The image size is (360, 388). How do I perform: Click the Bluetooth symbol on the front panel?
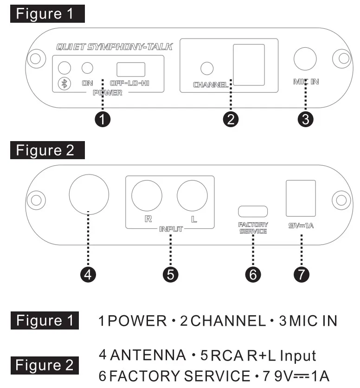[x=65, y=84]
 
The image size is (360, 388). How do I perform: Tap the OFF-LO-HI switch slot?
[x=130, y=69]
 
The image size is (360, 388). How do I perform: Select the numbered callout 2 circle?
[x=231, y=119]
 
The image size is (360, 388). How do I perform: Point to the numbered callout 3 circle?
[x=305, y=119]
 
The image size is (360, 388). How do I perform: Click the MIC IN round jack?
[x=305, y=59]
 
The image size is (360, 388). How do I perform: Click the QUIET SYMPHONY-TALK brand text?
[x=114, y=47]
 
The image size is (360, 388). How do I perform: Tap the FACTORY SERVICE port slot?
[x=253, y=210]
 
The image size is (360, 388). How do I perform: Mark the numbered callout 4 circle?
[x=88, y=274]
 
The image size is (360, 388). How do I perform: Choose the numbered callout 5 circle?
[x=171, y=274]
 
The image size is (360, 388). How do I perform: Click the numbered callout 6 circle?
[x=253, y=274]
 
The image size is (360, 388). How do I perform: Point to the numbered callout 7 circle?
[x=302, y=274]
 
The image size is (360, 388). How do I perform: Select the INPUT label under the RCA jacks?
[x=170, y=229]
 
